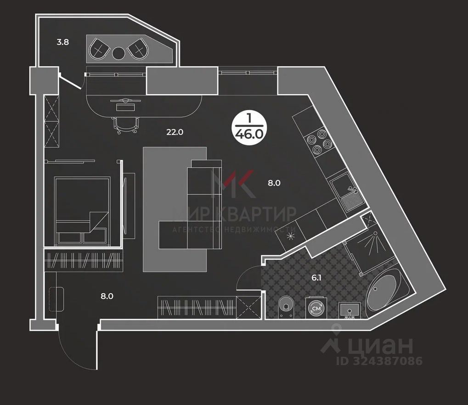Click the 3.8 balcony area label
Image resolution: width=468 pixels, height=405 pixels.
point(62,43)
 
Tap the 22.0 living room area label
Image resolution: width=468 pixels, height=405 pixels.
point(175,132)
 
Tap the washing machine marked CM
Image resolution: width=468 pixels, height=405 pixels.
point(316,308)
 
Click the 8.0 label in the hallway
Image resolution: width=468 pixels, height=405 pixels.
point(107,296)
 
